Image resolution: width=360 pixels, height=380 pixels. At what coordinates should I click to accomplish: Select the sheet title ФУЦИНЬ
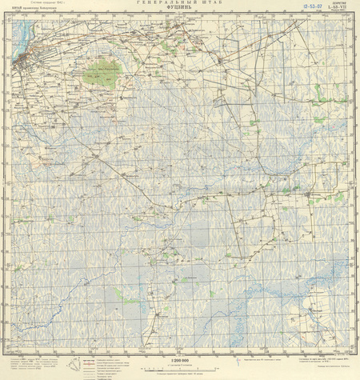click(x=180, y=10)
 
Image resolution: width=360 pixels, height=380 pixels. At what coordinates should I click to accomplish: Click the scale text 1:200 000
click(x=180, y=361)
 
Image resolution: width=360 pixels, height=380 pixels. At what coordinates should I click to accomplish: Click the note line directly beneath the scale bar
click(x=180, y=374)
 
